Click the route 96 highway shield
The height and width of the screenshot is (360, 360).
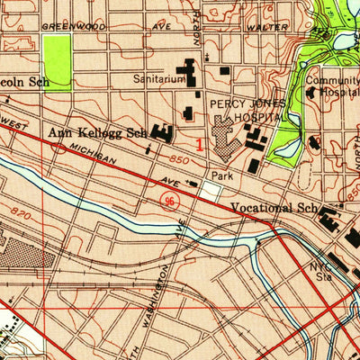(168, 197)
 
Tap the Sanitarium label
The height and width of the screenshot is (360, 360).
(159, 79)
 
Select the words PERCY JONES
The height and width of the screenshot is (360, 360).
(240, 104)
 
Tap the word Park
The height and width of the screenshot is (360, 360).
(222, 175)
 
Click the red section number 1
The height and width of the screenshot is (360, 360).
(200, 141)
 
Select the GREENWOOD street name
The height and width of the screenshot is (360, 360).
(73, 27)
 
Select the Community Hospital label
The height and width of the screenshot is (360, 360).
(331, 86)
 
